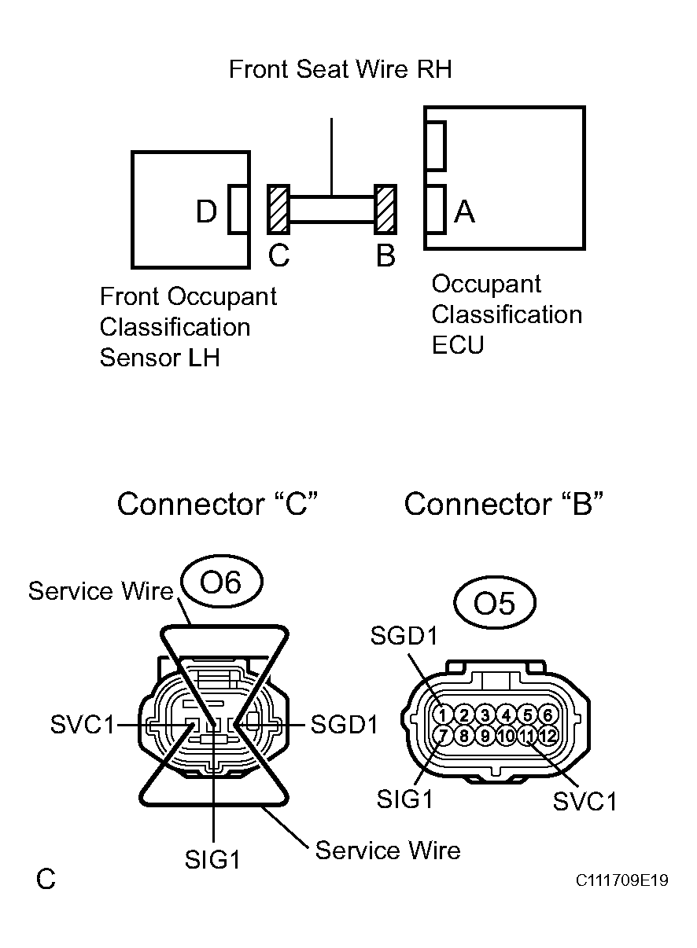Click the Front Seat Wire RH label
click(340, 70)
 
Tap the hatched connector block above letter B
click(385, 209)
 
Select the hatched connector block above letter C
click(278, 209)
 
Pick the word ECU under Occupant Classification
click(458, 345)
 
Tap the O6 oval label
click(221, 582)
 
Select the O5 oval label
click(495, 604)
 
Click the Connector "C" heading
click(216, 504)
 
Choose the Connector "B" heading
click(503, 504)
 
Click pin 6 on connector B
click(548, 715)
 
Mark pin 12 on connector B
click(548, 736)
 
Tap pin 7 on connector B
click(443, 736)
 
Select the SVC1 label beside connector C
click(83, 725)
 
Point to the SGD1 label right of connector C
click(345, 725)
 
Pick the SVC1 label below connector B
click(585, 801)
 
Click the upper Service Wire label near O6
click(100, 591)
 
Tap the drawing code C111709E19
click(621, 880)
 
